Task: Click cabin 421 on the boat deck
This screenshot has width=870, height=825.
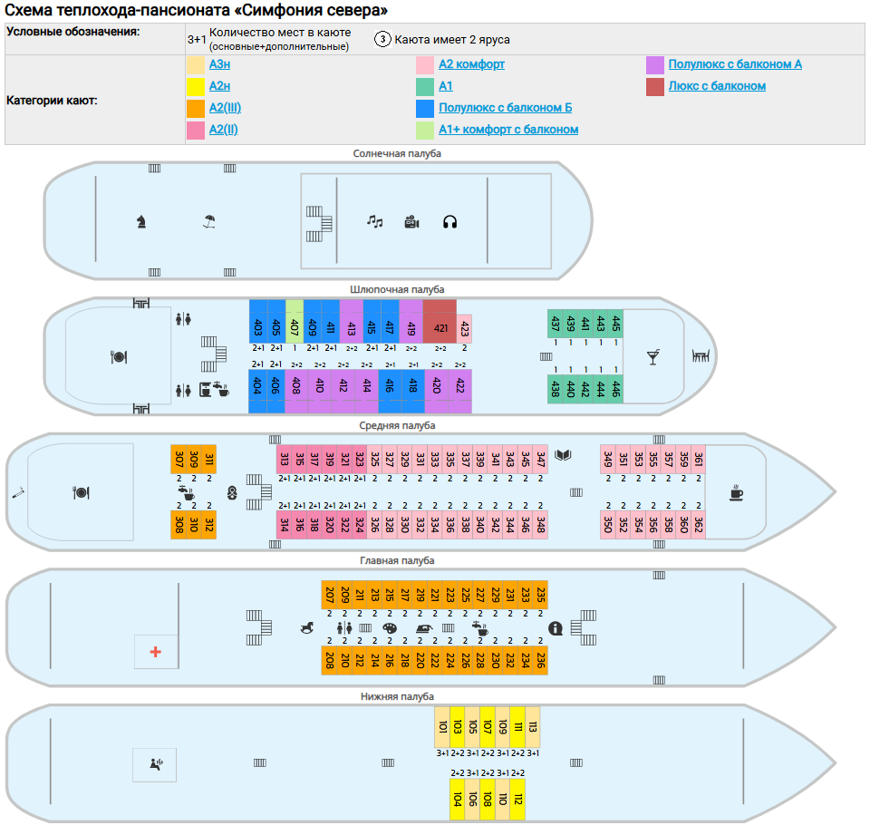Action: [440, 326]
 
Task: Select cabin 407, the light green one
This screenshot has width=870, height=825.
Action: [295, 321]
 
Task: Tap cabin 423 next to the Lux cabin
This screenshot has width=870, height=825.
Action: [465, 327]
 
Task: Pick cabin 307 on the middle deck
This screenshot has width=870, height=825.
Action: [179, 459]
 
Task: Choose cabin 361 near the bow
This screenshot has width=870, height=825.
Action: [699, 459]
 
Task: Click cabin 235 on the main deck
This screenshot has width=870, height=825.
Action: [540, 595]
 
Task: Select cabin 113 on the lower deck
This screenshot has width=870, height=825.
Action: [533, 726]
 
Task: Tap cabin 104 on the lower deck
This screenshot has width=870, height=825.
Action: [458, 800]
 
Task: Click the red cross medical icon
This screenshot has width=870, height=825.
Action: [156, 652]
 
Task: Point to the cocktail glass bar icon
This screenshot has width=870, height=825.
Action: [652, 357]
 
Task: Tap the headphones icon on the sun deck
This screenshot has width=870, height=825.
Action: [449, 221]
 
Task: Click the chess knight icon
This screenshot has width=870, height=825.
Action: [141, 219]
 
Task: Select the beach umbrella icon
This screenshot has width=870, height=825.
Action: [209, 219]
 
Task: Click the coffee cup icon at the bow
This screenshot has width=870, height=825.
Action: [737, 492]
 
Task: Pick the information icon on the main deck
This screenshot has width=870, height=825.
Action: [556, 627]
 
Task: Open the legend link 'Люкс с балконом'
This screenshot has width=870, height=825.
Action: [717, 86]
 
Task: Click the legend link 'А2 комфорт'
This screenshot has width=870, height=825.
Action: [471, 64]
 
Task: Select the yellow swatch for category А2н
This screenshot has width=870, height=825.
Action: [195, 87]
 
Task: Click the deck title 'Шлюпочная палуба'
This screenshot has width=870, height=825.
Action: [397, 289]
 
